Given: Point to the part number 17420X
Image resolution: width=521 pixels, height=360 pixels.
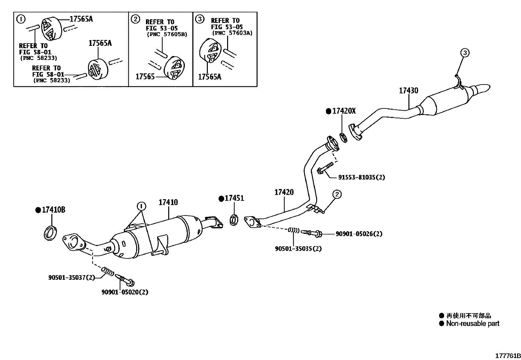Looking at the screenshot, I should (x=344, y=111).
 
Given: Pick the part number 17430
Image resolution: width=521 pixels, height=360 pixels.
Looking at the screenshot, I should (x=408, y=91).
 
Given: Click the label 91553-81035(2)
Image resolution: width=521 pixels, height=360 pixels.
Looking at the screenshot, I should (x=361, y=178).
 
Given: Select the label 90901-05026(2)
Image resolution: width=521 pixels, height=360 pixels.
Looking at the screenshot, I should (x=359, y=234).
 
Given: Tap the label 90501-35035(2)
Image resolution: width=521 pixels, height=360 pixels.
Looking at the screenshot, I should (x=298, y=249).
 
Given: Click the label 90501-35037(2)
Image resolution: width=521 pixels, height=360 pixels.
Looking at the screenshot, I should (x=72, y=277).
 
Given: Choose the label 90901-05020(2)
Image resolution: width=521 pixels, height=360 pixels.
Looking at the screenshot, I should (x=125, y=292).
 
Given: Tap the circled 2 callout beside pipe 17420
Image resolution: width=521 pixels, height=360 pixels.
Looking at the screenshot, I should (x=337, y=194).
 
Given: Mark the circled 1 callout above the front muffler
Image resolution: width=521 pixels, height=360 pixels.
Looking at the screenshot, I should (x=141, y=206).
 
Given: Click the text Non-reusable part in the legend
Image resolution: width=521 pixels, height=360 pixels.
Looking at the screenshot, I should (x=473, y=324).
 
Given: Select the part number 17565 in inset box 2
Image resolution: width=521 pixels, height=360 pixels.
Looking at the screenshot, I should (x=145, y=77).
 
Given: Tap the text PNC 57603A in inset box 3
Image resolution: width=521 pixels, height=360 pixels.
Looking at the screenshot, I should (x=232, y=33).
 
